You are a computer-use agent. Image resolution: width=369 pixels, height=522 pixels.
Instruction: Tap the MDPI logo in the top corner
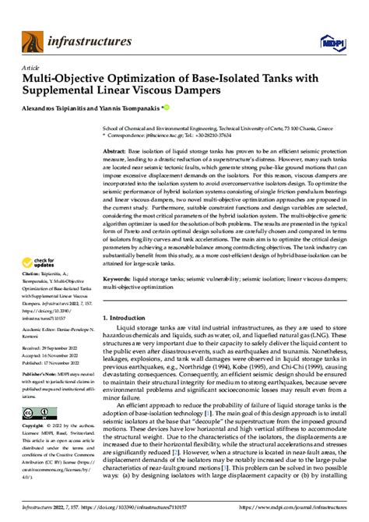(340, 37)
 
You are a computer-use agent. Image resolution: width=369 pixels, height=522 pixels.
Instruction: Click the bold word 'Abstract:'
(116, 152)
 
